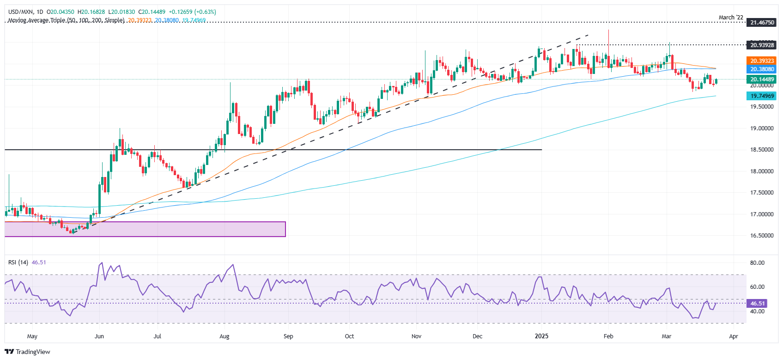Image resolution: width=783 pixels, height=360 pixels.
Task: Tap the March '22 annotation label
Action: point(731,18)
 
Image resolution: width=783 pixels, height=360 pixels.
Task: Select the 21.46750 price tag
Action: point(762,23)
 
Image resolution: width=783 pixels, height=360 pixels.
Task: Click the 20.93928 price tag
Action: point(762,45)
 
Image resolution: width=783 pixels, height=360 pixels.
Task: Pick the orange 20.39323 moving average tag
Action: point(762,61)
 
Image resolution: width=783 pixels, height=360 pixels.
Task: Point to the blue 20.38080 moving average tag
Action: point(762,69)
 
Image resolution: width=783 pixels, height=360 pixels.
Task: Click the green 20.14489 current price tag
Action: point(762,79)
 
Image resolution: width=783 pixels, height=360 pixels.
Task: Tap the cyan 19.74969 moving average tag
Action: point(762,96)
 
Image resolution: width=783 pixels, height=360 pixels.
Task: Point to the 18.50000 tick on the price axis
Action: point(762,150)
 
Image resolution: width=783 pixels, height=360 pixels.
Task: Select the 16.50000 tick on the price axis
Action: point(762,236)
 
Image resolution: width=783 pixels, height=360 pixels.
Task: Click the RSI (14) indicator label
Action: point(18,262)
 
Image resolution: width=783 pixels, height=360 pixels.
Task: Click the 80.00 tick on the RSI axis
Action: point(757,263)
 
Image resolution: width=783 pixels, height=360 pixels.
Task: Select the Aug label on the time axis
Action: point(225,336)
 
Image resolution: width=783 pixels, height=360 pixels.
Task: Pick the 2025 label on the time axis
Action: point(541,336)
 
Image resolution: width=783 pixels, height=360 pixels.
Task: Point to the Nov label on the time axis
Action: point(416,336)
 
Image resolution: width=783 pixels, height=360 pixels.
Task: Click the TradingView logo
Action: point(28,352)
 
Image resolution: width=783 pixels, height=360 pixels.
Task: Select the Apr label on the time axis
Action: point(734,336)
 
